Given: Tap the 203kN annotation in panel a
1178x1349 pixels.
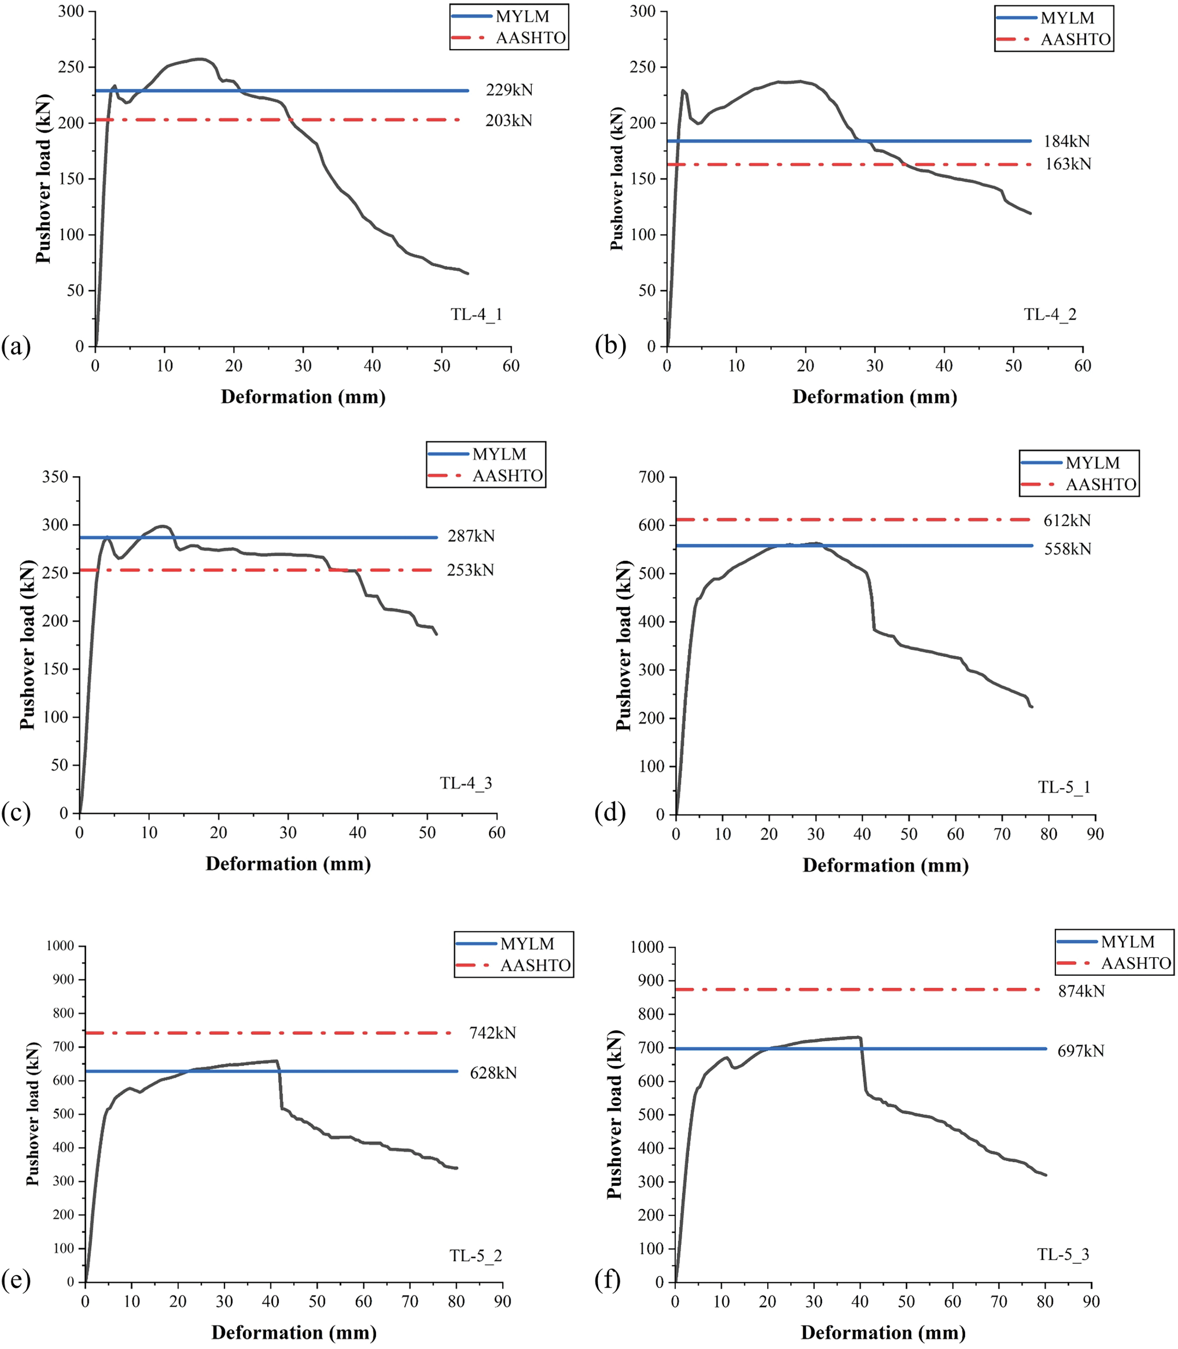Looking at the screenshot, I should click(508, 120).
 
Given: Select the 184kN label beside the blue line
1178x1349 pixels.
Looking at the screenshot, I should click(1066, 141).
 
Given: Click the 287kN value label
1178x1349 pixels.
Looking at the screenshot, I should click(471, 536).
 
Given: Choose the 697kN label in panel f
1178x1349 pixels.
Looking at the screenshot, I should click(1080, 1051).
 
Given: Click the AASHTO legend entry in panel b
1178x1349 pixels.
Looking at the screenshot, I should click(1075, 40).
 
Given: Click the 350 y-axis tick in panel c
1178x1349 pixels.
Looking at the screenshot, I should click(55, 477).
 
